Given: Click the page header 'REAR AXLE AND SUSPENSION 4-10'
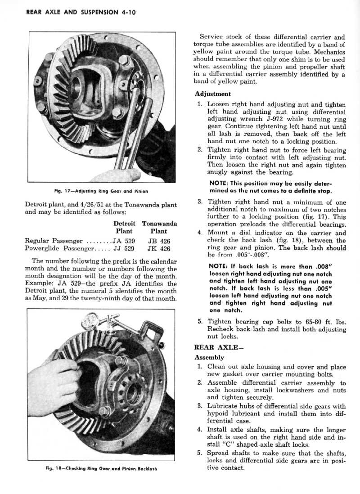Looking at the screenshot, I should (x=75, y=12).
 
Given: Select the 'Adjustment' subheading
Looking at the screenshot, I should (x=213, y=94).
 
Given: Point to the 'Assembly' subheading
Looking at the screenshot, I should (x=209, y=357).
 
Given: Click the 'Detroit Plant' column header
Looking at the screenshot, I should (x=124, y=227).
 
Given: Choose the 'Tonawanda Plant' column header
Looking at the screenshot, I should (x=159, y=227).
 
